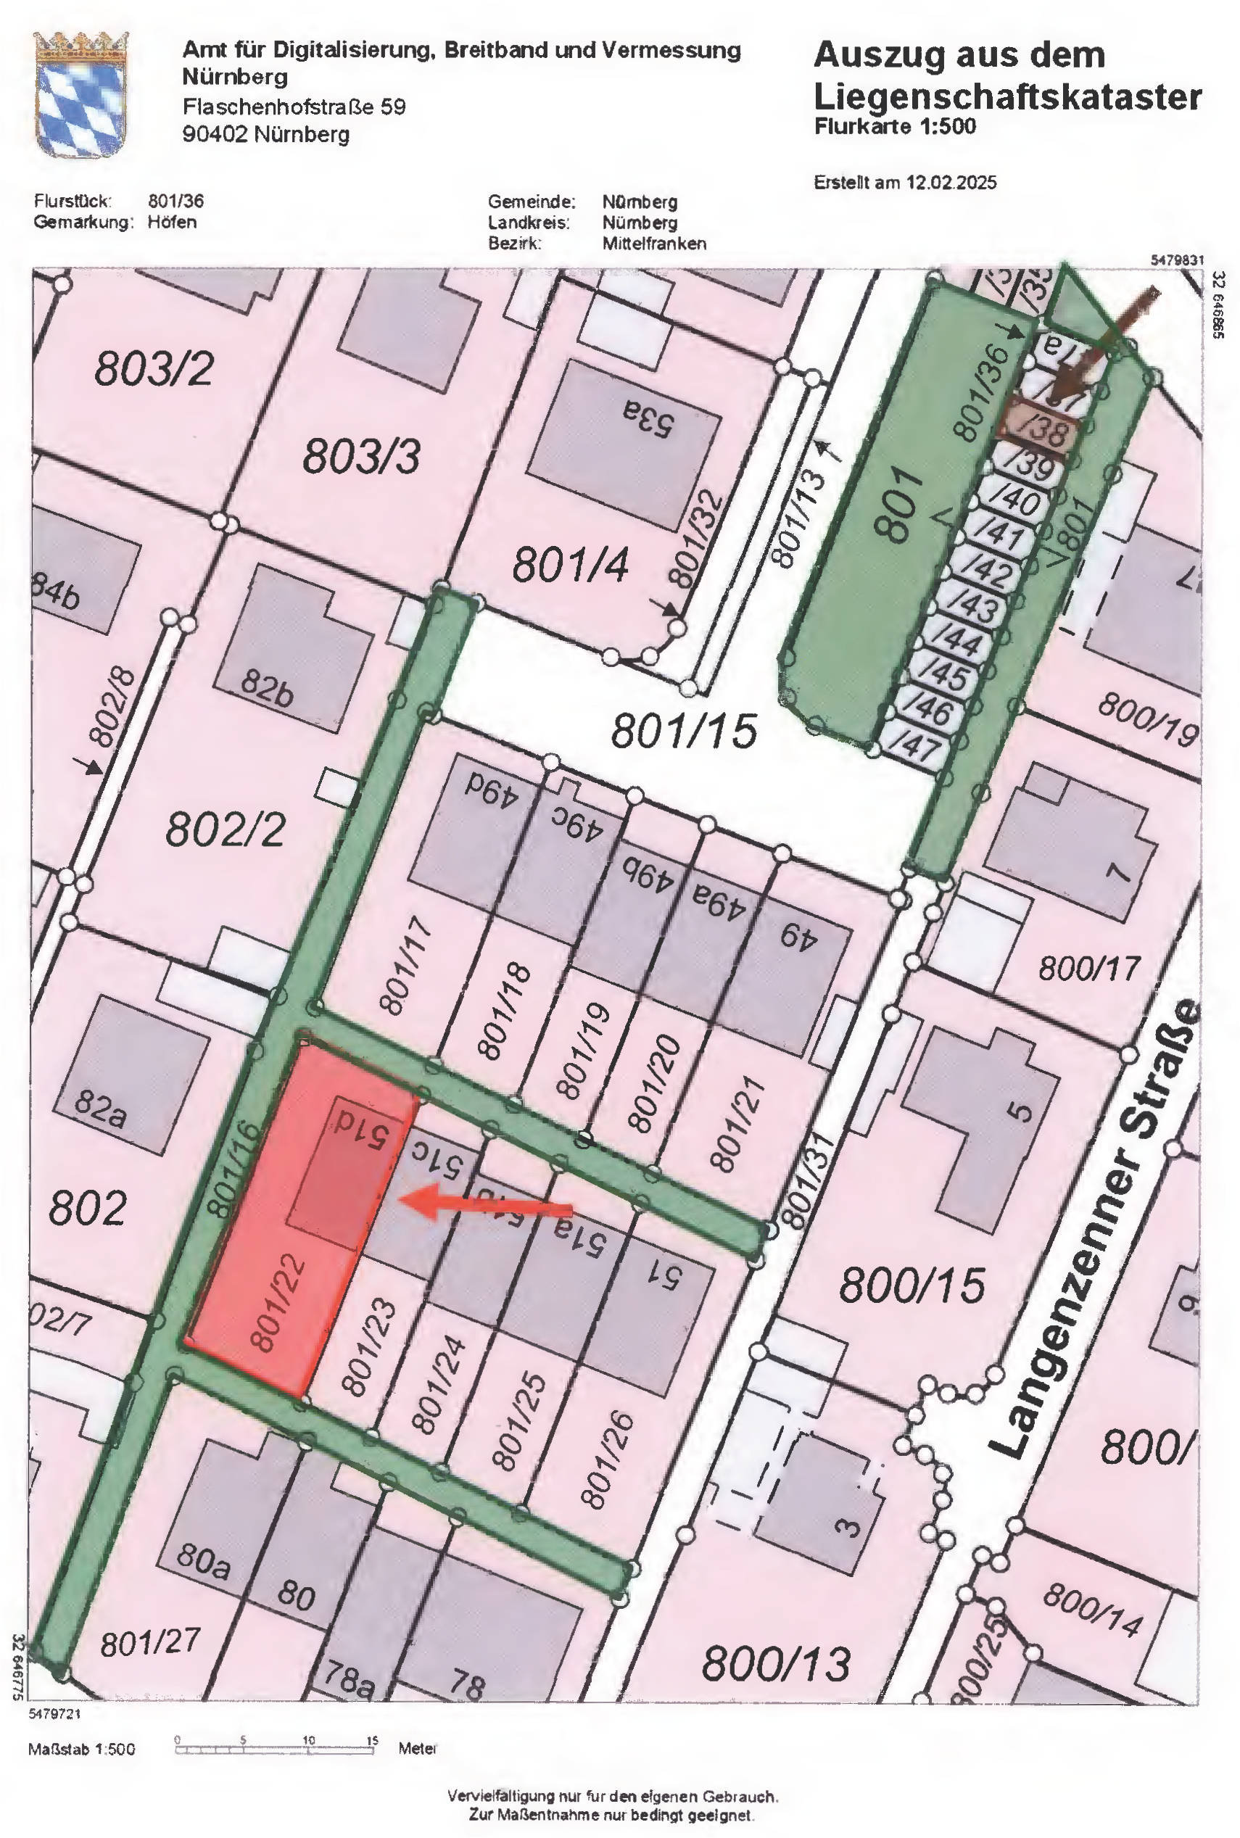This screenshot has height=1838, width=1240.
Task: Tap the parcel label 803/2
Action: [x=154, y=369]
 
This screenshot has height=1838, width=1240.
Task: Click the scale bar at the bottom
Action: [x=274, y=1750]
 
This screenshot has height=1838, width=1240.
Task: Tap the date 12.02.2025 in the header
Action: [x=951, y=183]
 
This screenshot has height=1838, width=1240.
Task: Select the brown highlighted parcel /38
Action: [x=1038, y=429]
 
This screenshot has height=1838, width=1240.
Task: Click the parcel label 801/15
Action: [x=684, y=730]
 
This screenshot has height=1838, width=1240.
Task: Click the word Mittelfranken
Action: [x=653, y=244]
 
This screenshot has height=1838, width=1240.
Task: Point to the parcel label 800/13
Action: [x=776, y=1663]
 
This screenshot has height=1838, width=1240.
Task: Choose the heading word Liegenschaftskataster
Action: [x=1007, y=97]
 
